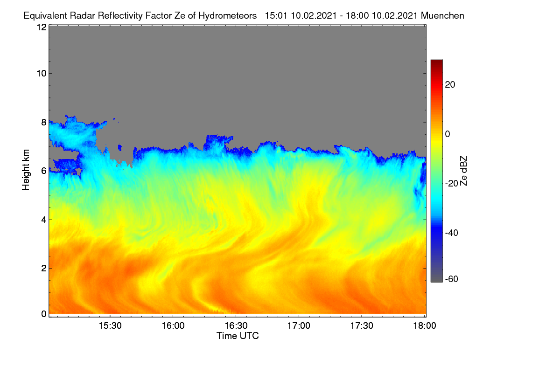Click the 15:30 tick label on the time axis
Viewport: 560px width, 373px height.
point(110,326)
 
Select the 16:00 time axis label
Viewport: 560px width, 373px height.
point(173,326)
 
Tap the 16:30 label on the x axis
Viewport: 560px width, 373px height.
point(236,326)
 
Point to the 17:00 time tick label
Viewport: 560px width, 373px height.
point(299,326)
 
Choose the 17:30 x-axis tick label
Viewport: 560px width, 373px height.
point(362,326)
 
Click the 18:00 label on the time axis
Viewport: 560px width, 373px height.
point(425,326)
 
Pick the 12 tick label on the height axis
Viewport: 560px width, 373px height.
point(42,27)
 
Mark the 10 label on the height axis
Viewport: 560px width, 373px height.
point(42,74)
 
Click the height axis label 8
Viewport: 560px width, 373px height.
point(44,122)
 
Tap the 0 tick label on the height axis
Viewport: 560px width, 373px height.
point(44,314)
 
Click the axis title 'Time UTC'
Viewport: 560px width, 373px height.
point(238,336)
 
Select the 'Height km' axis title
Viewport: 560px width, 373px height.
point(26,170)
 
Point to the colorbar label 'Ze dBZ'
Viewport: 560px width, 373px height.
point(463,171)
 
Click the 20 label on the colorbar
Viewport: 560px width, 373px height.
point(450,85)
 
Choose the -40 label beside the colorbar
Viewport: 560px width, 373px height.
point(452,233)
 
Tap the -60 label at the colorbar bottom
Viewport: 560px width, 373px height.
point(452,279)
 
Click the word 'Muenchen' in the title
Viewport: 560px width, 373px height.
point(442,16)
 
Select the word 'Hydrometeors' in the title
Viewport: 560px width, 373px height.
point(228,16)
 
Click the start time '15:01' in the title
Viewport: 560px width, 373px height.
point(276,16)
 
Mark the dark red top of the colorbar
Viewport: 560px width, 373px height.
point(436,63)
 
